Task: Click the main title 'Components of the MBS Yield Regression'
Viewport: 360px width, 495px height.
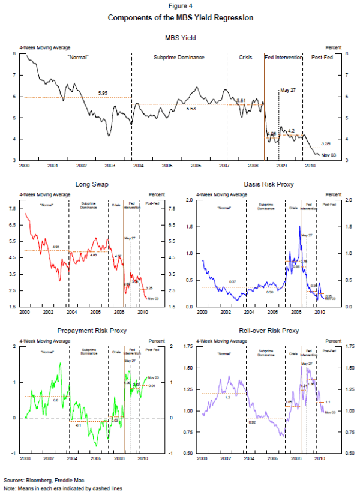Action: [180, 17]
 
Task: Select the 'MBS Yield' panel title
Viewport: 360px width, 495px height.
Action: [180, 38]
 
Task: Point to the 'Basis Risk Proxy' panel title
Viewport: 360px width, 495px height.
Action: [269, 184]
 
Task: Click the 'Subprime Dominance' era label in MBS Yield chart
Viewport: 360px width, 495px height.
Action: [179, 58]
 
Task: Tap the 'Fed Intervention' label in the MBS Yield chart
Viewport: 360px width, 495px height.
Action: [283, 58]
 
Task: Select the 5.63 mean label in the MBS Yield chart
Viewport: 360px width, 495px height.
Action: [191, 109]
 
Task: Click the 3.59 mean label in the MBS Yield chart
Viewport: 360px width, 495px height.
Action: [326, 143]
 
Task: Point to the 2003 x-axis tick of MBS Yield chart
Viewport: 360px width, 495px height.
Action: [110, 164]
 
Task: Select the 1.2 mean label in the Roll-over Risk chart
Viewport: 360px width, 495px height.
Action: [227, 397]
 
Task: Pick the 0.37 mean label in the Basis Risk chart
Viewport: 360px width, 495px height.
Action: [233, 282]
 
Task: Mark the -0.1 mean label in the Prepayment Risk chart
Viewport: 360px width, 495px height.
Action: [77, 424]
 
